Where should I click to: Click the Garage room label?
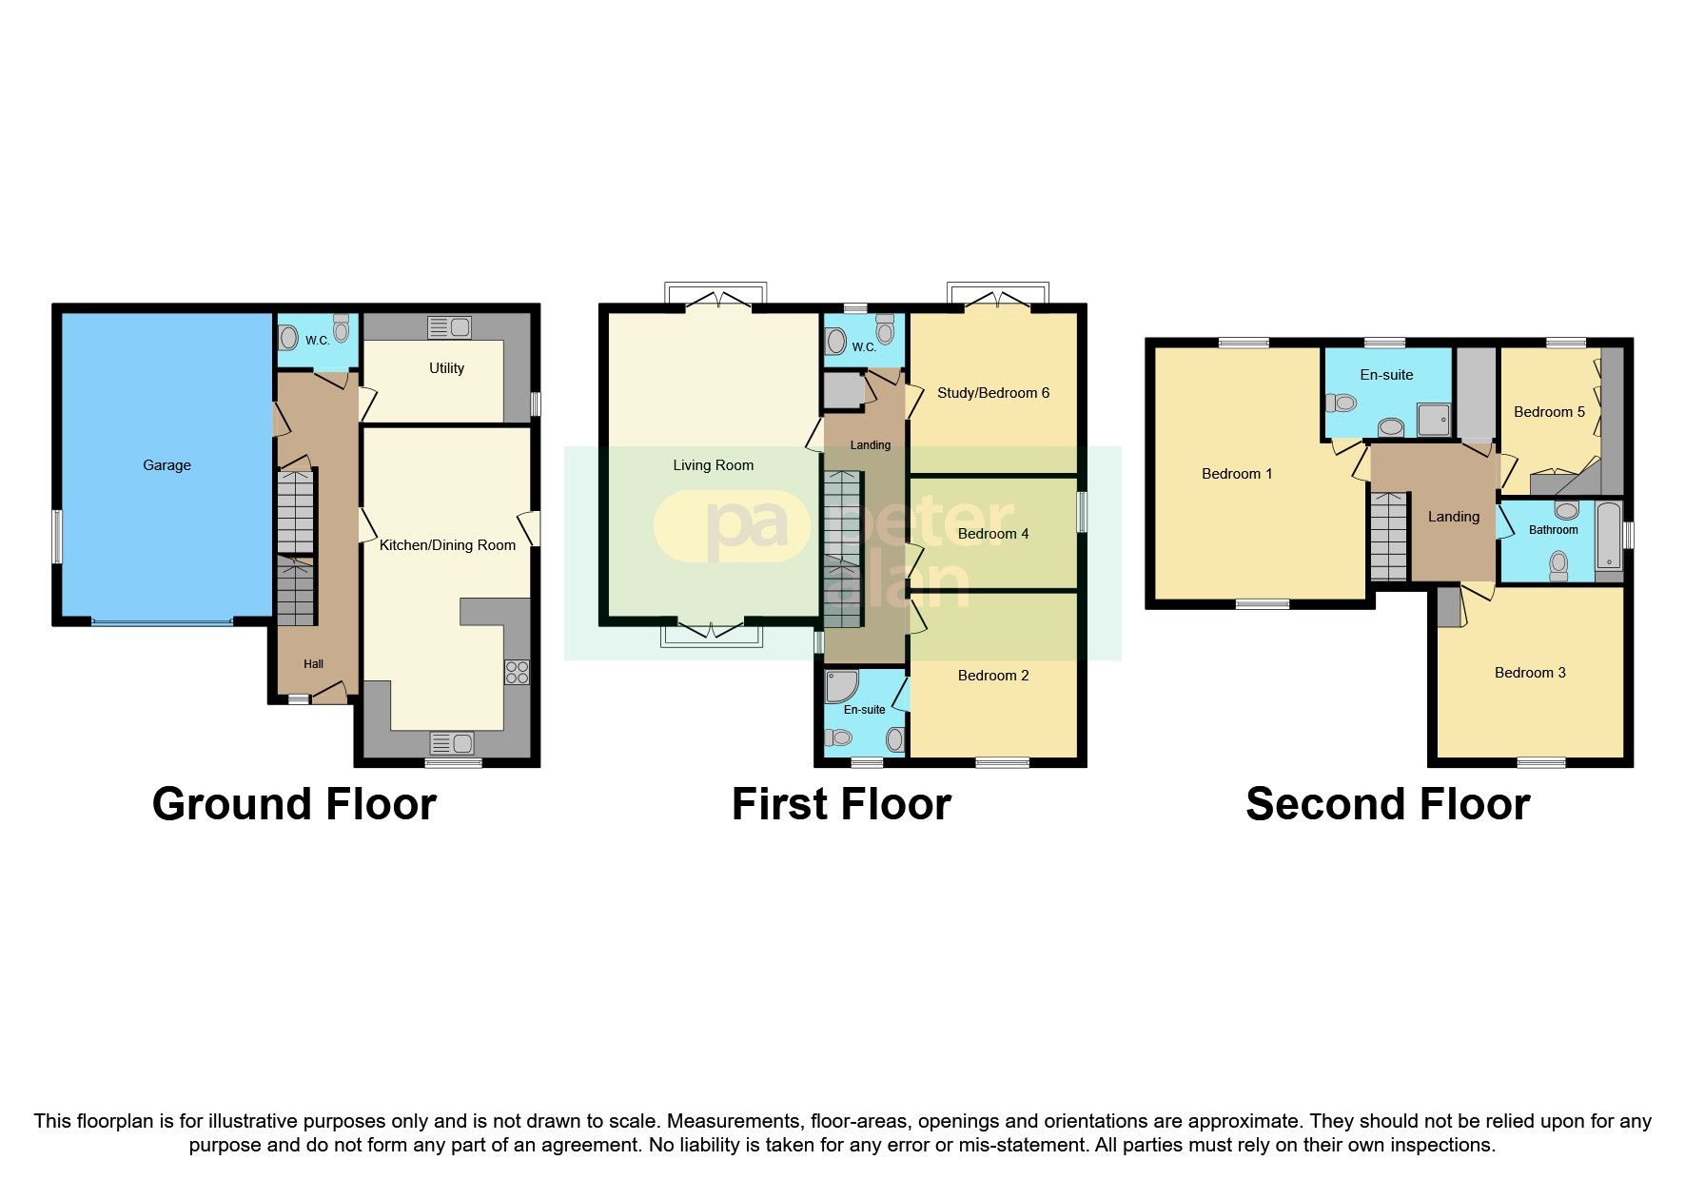pos(167,465)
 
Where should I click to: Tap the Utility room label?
pos(446,368)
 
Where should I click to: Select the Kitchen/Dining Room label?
pos(447,545)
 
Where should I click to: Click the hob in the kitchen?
pos(517,673)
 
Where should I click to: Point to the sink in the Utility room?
pos(450,327)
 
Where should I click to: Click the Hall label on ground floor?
pos(313,664)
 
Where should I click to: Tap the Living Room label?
pos(713,465)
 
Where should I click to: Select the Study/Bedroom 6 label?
pos(992,393)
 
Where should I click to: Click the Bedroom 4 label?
pos(992,534)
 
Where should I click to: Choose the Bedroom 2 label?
pos(992,676)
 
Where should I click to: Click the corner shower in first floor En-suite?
pos(842,686)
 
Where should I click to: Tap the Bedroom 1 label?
pos(1236,474)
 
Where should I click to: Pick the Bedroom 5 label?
pos(1549,412)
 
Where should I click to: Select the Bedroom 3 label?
pos(1529,673)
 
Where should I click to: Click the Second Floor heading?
pos(1387,804)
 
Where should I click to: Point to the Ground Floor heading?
pos(294,804)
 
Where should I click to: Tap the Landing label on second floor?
pos(1453,517)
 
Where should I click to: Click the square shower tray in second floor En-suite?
pos(1434,420)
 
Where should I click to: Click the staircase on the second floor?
pos(1388,538)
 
